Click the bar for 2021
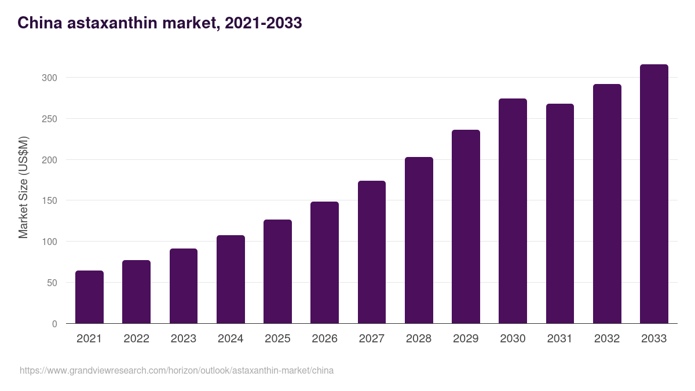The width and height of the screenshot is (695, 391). (x=89, y=297)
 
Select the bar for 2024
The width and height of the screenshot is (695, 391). (x=231, y=279)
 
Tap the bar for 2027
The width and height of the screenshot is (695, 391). (x=372, y=252)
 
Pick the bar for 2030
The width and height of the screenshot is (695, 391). (x=513, y=211)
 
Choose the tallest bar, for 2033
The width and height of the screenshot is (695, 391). (x=654, y=194)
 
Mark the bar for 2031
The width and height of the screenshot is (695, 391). (x=560, y=214)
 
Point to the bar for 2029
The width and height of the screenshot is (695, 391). (x=466, y=226)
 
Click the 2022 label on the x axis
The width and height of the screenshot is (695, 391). (x=136, y=339)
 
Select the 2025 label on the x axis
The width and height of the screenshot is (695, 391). (x=277, y=339)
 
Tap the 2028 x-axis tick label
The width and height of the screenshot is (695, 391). (x=419, y=339)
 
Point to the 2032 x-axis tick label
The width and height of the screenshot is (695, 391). (x=607, y=339)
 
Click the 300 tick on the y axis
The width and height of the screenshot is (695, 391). (x=50, y=78)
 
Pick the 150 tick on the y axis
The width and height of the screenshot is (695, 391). (x=50, y=201)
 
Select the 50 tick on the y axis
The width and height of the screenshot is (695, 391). (x=52, y=283)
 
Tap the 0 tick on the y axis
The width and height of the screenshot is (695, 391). (x=55, y=324)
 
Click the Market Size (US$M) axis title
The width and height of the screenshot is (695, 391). (x=23, y=188)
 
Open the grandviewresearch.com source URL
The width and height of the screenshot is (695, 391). (x=177, y=370)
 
